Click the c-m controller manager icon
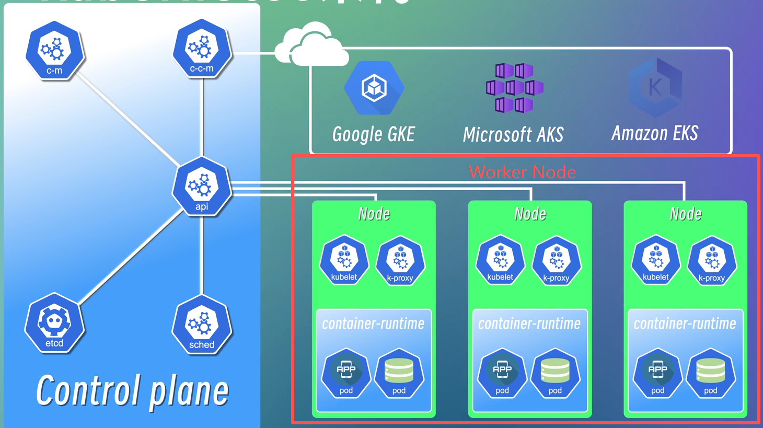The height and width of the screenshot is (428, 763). tap(54, 51)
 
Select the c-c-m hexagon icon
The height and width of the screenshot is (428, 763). tap(202, 49)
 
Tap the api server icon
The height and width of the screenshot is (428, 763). tap(202, 187)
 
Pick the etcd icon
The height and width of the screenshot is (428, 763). tap(54, 322)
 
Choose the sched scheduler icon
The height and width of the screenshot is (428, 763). tap(202, 325)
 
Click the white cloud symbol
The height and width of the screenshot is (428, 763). tap(311, 45)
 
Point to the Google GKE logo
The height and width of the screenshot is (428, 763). tap(374, 88)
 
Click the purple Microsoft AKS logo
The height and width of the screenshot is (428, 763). tap(514, 88)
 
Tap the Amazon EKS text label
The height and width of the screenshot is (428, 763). tap(655, 134)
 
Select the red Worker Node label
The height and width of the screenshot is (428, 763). tap(522, 172)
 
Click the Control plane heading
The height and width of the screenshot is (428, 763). tap(133, 391)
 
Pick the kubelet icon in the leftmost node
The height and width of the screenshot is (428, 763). tap(344, 260)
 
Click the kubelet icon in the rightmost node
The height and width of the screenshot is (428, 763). tap(656, 260)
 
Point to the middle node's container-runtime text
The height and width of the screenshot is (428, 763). tap(529, 324)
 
